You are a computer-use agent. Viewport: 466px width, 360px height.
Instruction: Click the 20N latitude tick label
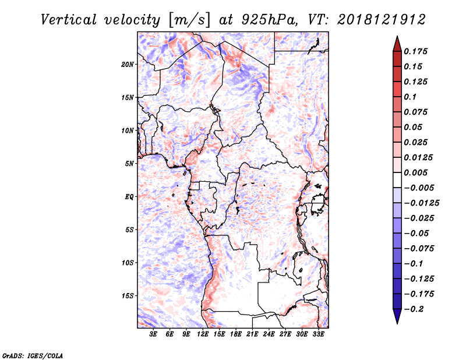(x=128, y=65)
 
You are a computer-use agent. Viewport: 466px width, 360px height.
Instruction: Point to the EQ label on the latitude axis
(x=129, y=197)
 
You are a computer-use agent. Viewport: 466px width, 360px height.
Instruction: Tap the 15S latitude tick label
(x=128, y=296)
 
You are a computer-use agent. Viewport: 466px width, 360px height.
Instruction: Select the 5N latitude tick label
(x=129, y=164)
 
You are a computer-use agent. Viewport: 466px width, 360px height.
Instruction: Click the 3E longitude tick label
(x=153, y=334)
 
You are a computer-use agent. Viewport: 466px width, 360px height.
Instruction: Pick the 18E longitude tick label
(x=236, y=334)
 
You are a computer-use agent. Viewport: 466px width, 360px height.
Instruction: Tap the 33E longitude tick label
(x=318, y=334)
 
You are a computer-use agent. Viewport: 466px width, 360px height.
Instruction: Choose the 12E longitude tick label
(x=203, y=334)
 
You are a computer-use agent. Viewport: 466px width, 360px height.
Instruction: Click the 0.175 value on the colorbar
(x=415, y=51)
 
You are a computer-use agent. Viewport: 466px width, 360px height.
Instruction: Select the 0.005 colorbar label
(x=415, y=172)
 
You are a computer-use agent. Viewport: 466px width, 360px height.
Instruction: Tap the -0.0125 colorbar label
(x=422, y=203)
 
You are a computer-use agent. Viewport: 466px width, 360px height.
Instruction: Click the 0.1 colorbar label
(x=410, y=97)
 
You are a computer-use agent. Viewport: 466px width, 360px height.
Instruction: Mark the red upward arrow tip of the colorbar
(x=397, y=37)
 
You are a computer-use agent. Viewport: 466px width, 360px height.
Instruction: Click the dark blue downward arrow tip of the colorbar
(x=397, y=323)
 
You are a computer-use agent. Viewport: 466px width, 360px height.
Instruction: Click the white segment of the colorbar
(x=397, y=180)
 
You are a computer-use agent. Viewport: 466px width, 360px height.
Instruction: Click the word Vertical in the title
(x=69, y=20)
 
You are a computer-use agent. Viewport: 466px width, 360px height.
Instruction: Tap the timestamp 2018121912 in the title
(x=382, y=20)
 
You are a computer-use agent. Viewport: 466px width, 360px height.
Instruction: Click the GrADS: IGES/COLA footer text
(x=33, y=355)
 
